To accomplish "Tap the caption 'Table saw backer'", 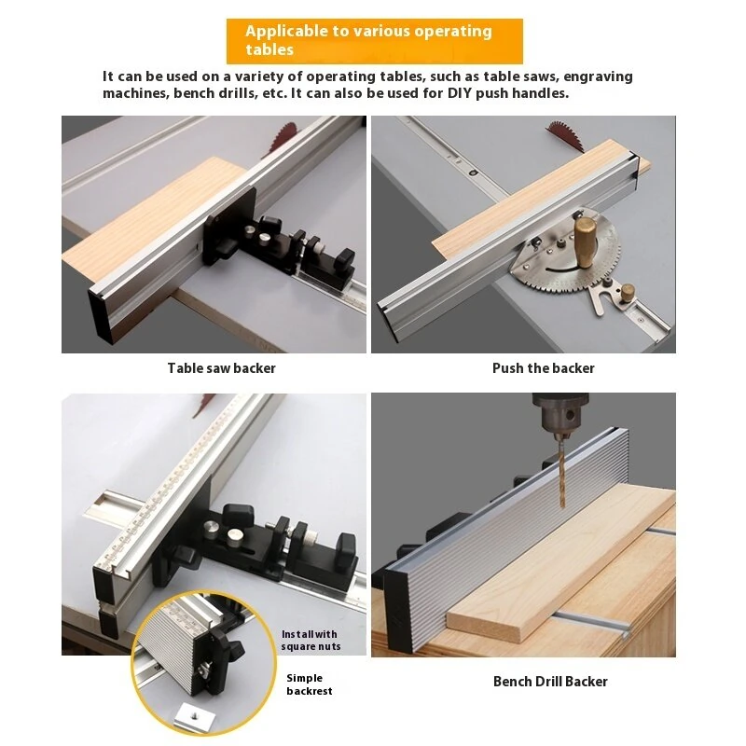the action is [x=221, y=368].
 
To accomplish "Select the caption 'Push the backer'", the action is [x=544, y=368].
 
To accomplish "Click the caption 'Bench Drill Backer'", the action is [x=550, y=682].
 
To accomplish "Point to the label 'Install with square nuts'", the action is [x=311, y=641].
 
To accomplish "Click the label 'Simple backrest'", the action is [x=310, y=684].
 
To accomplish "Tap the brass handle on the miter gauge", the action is [x=586, y=242].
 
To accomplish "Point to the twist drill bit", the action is [x=562, y=471].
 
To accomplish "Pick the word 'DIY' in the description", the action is [x=460, y=93].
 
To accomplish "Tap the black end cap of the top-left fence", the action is [x=101, y=316].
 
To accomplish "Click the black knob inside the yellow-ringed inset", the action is [x=232, y=647].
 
